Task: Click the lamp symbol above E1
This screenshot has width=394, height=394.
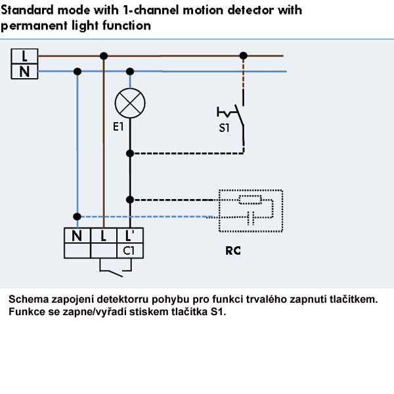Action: (130, 103)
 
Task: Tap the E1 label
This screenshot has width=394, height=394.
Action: (118, 127)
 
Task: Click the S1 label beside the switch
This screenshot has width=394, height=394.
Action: (224, 128)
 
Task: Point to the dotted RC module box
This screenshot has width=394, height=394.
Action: (219, 211)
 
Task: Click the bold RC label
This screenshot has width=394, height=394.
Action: (233, 251)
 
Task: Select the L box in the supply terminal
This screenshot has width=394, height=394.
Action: (25, 56)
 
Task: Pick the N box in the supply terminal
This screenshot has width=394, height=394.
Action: (25, 72)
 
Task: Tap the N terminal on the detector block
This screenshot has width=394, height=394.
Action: (77, 236)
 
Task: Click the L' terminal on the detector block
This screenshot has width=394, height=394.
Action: (130, 236)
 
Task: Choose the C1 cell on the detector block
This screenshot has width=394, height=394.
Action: (130, 251)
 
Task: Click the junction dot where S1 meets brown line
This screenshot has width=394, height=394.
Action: (243, 56)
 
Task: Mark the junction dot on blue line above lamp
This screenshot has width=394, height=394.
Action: (130, 72)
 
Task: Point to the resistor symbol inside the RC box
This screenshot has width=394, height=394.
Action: (250, 200)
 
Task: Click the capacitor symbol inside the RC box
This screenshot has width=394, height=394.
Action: (251, 217)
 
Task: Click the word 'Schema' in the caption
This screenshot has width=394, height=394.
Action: (28, 299)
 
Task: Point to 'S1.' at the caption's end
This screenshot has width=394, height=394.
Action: (218, 312)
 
